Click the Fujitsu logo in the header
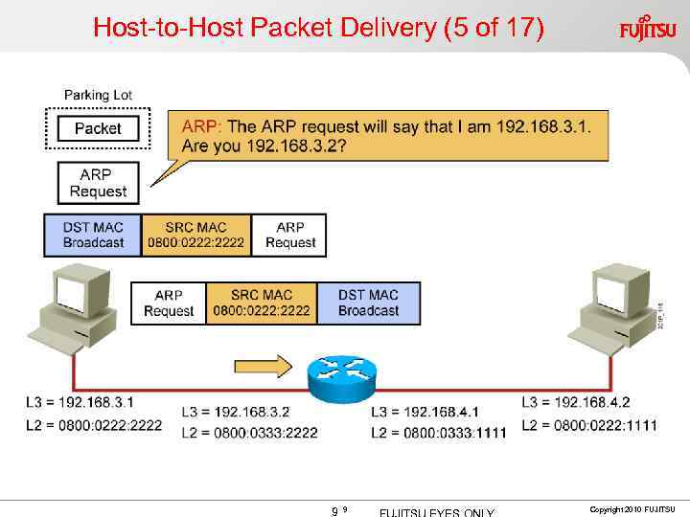coord(647,28)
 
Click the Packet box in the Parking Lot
coord(98,128)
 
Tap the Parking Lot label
coord(98,95)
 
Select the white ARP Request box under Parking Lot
coord(98,183)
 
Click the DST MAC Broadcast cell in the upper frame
coord(93,235)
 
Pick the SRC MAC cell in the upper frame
coord(195,235)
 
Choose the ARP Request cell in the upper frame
coord(289,235)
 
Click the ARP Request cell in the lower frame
coord(168,303)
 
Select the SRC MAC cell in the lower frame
coord(261,303)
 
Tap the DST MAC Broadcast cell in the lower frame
coord(368,303)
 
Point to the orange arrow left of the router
coord(262,366)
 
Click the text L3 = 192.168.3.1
coord(80,402)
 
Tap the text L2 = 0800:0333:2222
coord(249,433)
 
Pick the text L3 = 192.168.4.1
coord(425,412)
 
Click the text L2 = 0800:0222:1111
coord(589,425)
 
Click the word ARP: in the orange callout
coord(201,127)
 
